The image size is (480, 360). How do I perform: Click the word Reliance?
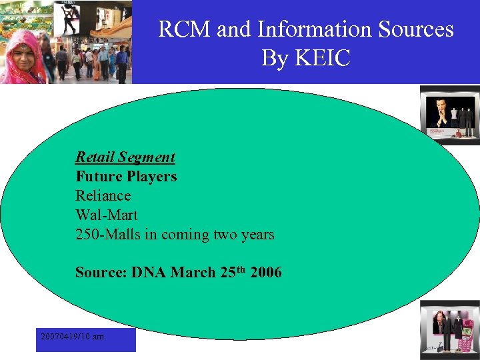click(x=103, y=196)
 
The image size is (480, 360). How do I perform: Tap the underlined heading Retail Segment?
click(x=125, y=157)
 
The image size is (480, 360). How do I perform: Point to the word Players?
click(x=151, y=177)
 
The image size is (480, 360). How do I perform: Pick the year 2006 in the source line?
click(x=266, y=273)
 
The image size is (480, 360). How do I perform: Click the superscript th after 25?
click(x=241, y=269)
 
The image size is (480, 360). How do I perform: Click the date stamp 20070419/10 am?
click(x=72, y=337)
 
